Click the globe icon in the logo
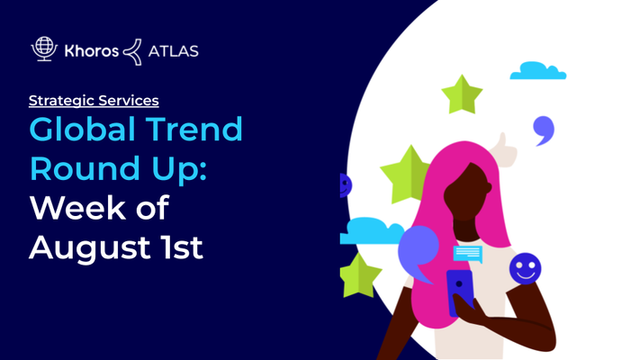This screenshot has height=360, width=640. point(44,49)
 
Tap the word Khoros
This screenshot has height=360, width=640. point(92,51)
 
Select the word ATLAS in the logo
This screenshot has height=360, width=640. point(173,51)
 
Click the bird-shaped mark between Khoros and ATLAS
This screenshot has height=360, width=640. point(132,52)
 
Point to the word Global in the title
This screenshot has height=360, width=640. point(83,130)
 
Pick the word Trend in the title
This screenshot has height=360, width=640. point(194,130)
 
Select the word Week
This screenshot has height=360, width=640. point(77,208)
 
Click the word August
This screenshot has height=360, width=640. point(89,247)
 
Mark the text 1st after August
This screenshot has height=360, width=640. point(182,247)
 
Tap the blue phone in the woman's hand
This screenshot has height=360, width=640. point(460,292)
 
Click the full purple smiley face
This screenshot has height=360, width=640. point(526,268)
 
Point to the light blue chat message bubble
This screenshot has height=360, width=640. point(468,255)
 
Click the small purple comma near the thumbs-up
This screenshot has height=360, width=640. point(544,130)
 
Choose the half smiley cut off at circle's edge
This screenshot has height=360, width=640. point(346,185)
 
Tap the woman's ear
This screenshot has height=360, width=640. point(488,187)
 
